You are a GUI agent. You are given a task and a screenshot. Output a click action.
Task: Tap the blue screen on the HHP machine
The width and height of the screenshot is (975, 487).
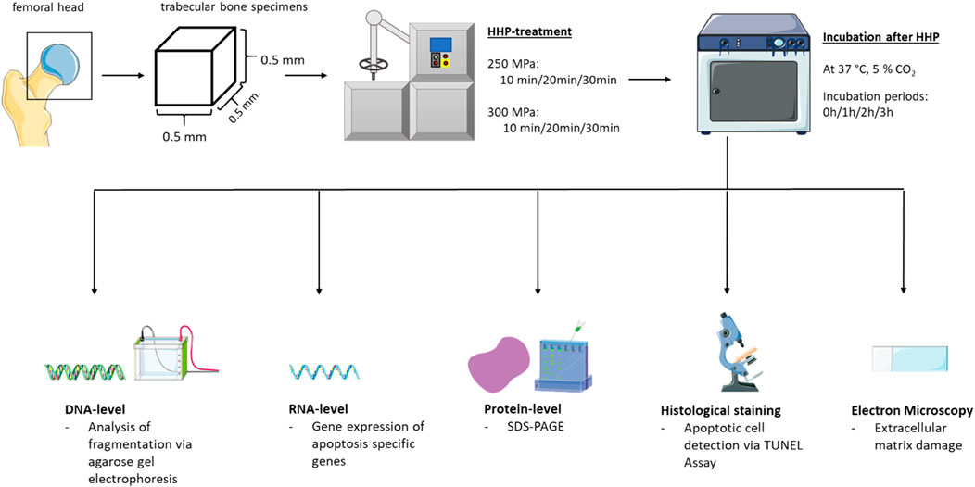[441, 44]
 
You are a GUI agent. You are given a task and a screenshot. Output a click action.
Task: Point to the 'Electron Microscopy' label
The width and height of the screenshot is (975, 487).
[904, 410]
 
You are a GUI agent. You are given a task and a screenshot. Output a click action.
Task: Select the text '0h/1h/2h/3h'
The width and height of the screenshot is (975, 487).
[853, 112]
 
